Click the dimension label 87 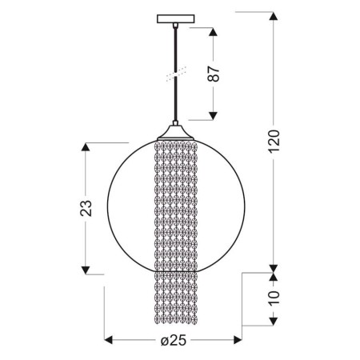[214, 74]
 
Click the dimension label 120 [274, 142]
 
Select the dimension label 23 [86, 208]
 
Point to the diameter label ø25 [174, 340]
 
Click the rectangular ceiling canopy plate [176, 18]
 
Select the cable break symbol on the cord [176, 74]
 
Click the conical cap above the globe [175, 133]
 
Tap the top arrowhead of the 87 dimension [213, 32]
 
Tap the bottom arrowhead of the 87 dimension [213, 116]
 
